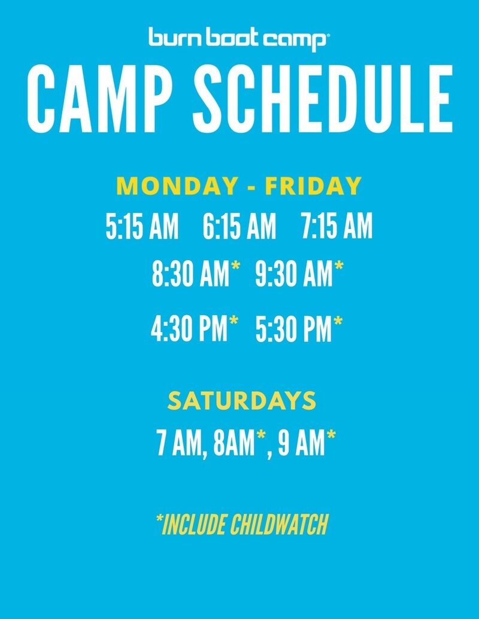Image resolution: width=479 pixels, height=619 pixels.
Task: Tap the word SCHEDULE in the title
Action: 323,99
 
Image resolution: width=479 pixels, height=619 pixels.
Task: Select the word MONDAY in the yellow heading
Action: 177,186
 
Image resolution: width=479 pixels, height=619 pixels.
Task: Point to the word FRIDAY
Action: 313,186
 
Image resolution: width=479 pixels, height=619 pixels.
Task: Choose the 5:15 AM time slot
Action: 142,226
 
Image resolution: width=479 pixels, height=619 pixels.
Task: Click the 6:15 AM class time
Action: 239,226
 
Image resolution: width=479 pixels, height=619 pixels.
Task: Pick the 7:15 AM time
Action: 336,226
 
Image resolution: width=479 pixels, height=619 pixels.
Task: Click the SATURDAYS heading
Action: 242,401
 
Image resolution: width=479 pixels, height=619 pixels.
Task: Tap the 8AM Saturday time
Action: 233,444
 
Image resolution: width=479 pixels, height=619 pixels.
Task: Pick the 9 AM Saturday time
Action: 301,444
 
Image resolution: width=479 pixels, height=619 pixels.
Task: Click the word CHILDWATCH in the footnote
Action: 280,524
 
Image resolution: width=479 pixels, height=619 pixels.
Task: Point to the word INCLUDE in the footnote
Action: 195,524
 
